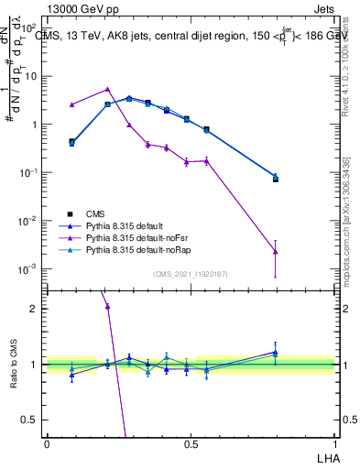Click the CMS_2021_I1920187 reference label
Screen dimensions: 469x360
pos(190,274)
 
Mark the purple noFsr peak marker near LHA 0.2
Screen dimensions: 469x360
pos(107,90)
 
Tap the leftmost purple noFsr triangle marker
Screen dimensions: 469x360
pos(71,104)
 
